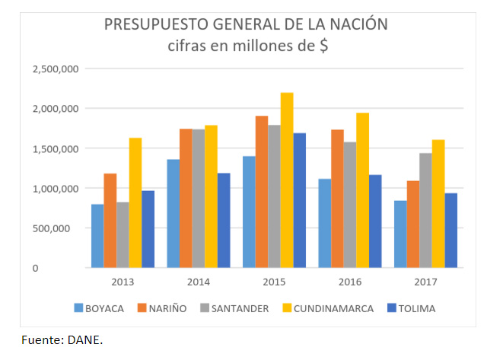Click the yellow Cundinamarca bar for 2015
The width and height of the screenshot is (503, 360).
[287, 180]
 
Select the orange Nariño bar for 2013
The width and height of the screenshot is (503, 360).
[110, 221]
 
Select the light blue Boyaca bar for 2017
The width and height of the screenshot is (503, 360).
[400, 234]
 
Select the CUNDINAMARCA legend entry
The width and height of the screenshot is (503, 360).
[329, 308]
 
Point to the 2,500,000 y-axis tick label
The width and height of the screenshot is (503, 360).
[56, 69]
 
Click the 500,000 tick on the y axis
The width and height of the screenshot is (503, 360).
[61, 228]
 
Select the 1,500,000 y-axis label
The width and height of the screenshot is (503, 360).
[56, 148]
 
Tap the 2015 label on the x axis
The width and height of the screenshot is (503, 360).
[274, 281]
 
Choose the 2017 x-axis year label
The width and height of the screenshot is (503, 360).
[425, 281]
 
